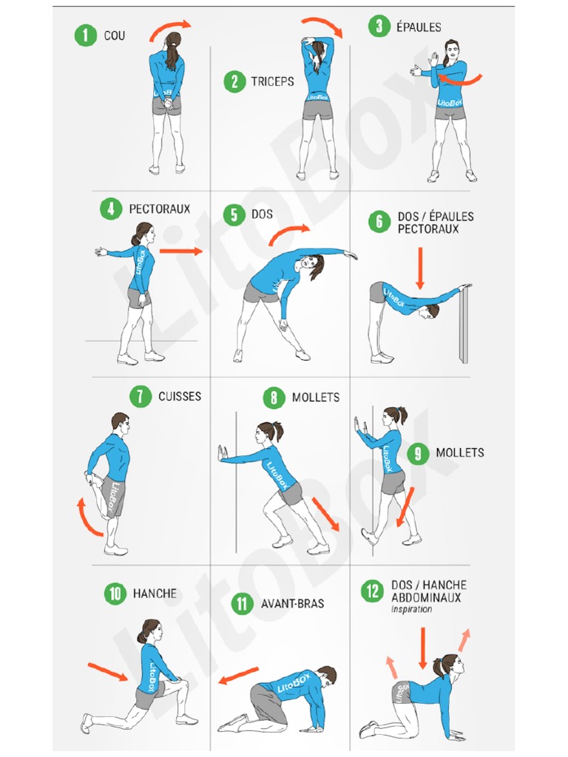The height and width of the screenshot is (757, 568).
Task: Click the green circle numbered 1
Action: [86, 35]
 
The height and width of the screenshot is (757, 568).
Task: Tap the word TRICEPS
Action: [272, 81]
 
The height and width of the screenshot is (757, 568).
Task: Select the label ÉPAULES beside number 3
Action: [419, 27]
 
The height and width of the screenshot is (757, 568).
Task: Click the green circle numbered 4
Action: [111, 209]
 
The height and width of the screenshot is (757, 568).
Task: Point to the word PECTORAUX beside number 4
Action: [160, 209]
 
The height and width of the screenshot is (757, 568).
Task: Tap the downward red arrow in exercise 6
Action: [420, 268]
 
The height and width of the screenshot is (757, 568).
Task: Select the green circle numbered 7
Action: [140, 396]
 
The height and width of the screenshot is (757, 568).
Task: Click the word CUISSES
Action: [180, 396]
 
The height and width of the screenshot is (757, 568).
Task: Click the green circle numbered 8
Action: [274, 398]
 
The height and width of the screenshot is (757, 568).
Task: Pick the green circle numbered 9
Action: [418, 453]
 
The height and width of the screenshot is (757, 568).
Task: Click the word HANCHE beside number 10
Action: [155, 594]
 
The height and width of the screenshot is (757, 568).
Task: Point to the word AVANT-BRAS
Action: [293, 603]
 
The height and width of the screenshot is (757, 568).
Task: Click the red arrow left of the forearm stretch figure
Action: [238, 676]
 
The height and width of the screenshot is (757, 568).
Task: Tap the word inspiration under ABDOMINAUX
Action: [411, 609]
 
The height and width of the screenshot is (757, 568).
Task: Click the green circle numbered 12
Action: [373, 591]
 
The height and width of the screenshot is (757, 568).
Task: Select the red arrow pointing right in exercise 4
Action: [180, 251]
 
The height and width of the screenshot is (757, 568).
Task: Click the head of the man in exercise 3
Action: [450, 50]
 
